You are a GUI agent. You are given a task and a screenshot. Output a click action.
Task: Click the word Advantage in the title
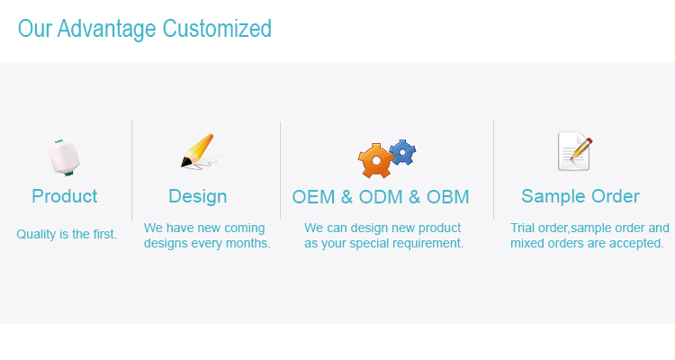(x=106, y=30)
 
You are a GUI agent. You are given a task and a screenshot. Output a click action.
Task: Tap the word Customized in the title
(x=217, y=29)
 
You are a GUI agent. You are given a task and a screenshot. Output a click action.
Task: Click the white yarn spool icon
(x=64, y=157)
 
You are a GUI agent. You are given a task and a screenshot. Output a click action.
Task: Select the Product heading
(x=65, y=196)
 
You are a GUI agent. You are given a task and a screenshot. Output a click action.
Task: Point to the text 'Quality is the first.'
(x=67, y=234)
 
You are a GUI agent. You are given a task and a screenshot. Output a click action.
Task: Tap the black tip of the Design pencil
(x=185, y=162)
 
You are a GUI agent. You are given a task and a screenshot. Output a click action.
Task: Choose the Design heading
(x=198, y=197)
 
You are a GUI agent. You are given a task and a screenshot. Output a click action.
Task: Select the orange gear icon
(x=375, y=160)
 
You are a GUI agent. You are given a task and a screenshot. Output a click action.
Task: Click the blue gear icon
(x=402, y=152)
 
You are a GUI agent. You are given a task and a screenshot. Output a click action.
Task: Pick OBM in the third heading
(x=447, y=197)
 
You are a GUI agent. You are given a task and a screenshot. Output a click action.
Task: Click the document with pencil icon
(x=575, y=151)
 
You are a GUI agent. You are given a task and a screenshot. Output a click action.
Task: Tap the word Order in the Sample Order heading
(x=616, y=196)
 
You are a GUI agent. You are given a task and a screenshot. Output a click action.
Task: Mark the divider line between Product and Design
(x=131, y=170)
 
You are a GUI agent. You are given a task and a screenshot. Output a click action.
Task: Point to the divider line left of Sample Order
(x=493, y=170)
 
